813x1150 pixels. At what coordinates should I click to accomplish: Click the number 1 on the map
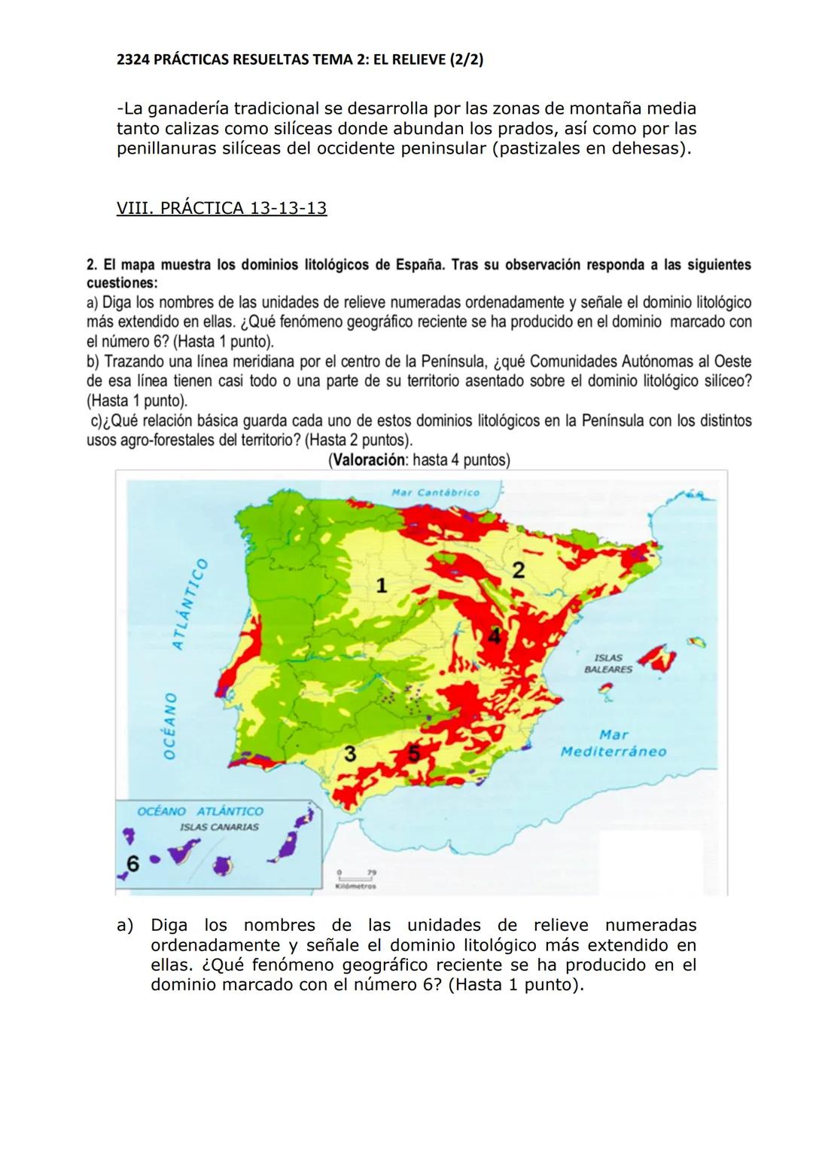382,585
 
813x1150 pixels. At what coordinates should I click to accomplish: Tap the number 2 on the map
518,570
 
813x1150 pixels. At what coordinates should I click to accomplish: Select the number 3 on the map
350,753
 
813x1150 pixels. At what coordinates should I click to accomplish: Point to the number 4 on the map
494,636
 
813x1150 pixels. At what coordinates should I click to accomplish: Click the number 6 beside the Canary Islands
132,863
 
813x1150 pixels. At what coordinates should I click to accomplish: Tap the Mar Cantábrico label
436,493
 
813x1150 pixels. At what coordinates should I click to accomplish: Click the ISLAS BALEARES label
608,663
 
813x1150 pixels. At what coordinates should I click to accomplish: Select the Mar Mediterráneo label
614,743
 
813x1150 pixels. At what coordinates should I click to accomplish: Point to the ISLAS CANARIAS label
219,827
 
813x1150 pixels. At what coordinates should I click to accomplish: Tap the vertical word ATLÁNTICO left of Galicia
188,604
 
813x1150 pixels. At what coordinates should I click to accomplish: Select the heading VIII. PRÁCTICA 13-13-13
221,208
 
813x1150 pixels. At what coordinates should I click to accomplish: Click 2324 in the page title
132,59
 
